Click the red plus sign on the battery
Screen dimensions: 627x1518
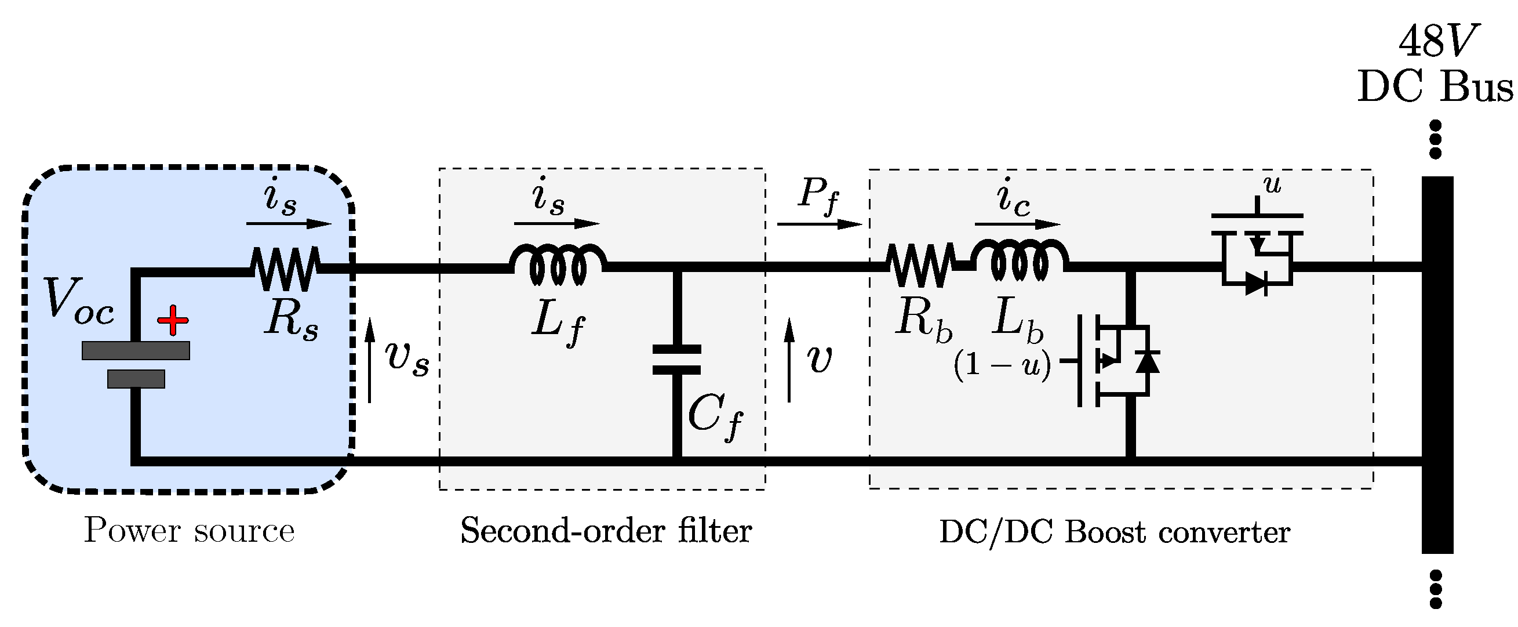pyautogui.click(x=173, y=320)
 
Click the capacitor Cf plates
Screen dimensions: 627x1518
pyautogui.click(x=676, y=360)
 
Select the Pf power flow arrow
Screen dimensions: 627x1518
pyautogui.click(x=819, y=224)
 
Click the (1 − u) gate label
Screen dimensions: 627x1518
pyautogui.click(x=1002, y=367)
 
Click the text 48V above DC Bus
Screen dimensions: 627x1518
pyautogui.click(x=1436, y=41)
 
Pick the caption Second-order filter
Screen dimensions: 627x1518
pyautogui.click(x=606, y=531)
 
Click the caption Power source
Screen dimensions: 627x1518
pyautogui.click(x=189, y=531)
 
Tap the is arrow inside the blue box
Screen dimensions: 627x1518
pyautogui.click(x=289, y=224)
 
